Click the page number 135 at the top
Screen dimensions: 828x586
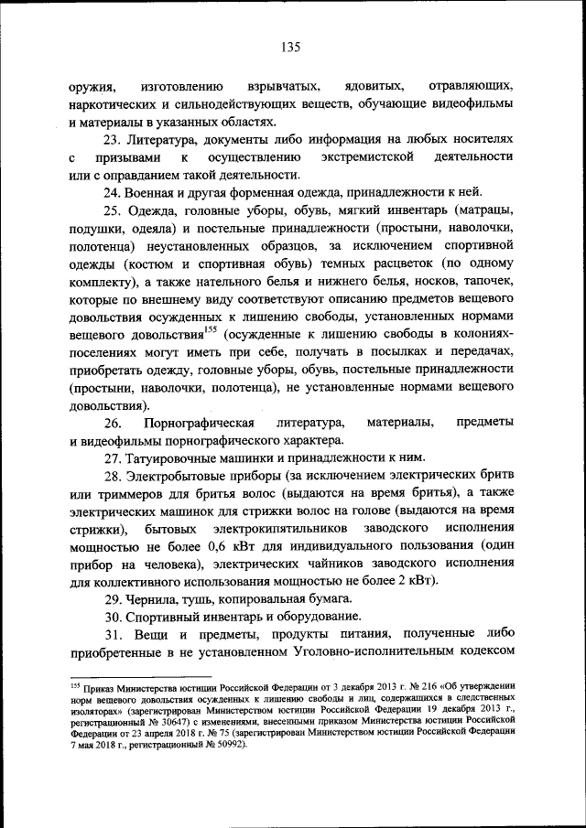(x=292, y=48)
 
